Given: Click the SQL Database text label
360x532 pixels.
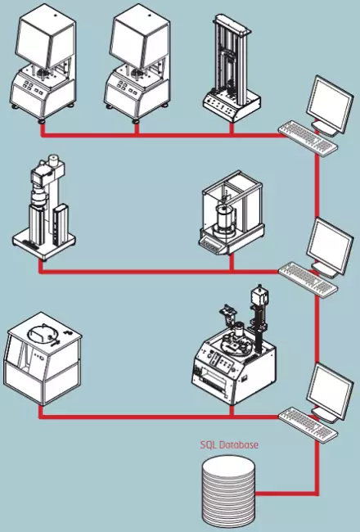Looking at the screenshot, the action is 229,444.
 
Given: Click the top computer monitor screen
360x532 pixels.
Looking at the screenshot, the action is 329,103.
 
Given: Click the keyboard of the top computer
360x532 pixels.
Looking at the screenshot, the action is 308,137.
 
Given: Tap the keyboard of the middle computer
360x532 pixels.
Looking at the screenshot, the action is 308,279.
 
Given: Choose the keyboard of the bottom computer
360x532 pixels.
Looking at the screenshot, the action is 308,424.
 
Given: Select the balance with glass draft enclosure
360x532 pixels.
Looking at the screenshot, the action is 231,212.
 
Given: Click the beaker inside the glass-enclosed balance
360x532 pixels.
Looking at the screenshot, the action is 225,217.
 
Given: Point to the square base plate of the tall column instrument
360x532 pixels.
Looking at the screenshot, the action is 43,242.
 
